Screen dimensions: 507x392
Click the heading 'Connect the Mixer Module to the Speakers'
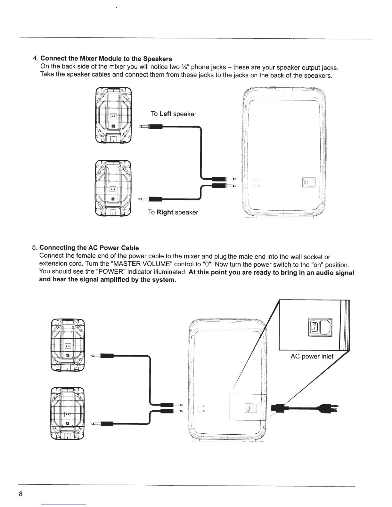106,59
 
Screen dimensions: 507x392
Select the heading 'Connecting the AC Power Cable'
89,248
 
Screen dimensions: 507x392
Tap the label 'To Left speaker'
173,114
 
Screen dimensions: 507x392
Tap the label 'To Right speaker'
173,212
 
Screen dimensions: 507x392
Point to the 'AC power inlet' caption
312,357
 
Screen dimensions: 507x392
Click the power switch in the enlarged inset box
315,328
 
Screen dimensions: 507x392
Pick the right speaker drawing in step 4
113,189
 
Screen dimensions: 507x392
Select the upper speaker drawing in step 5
68,346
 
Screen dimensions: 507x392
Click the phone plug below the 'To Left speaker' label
151,127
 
